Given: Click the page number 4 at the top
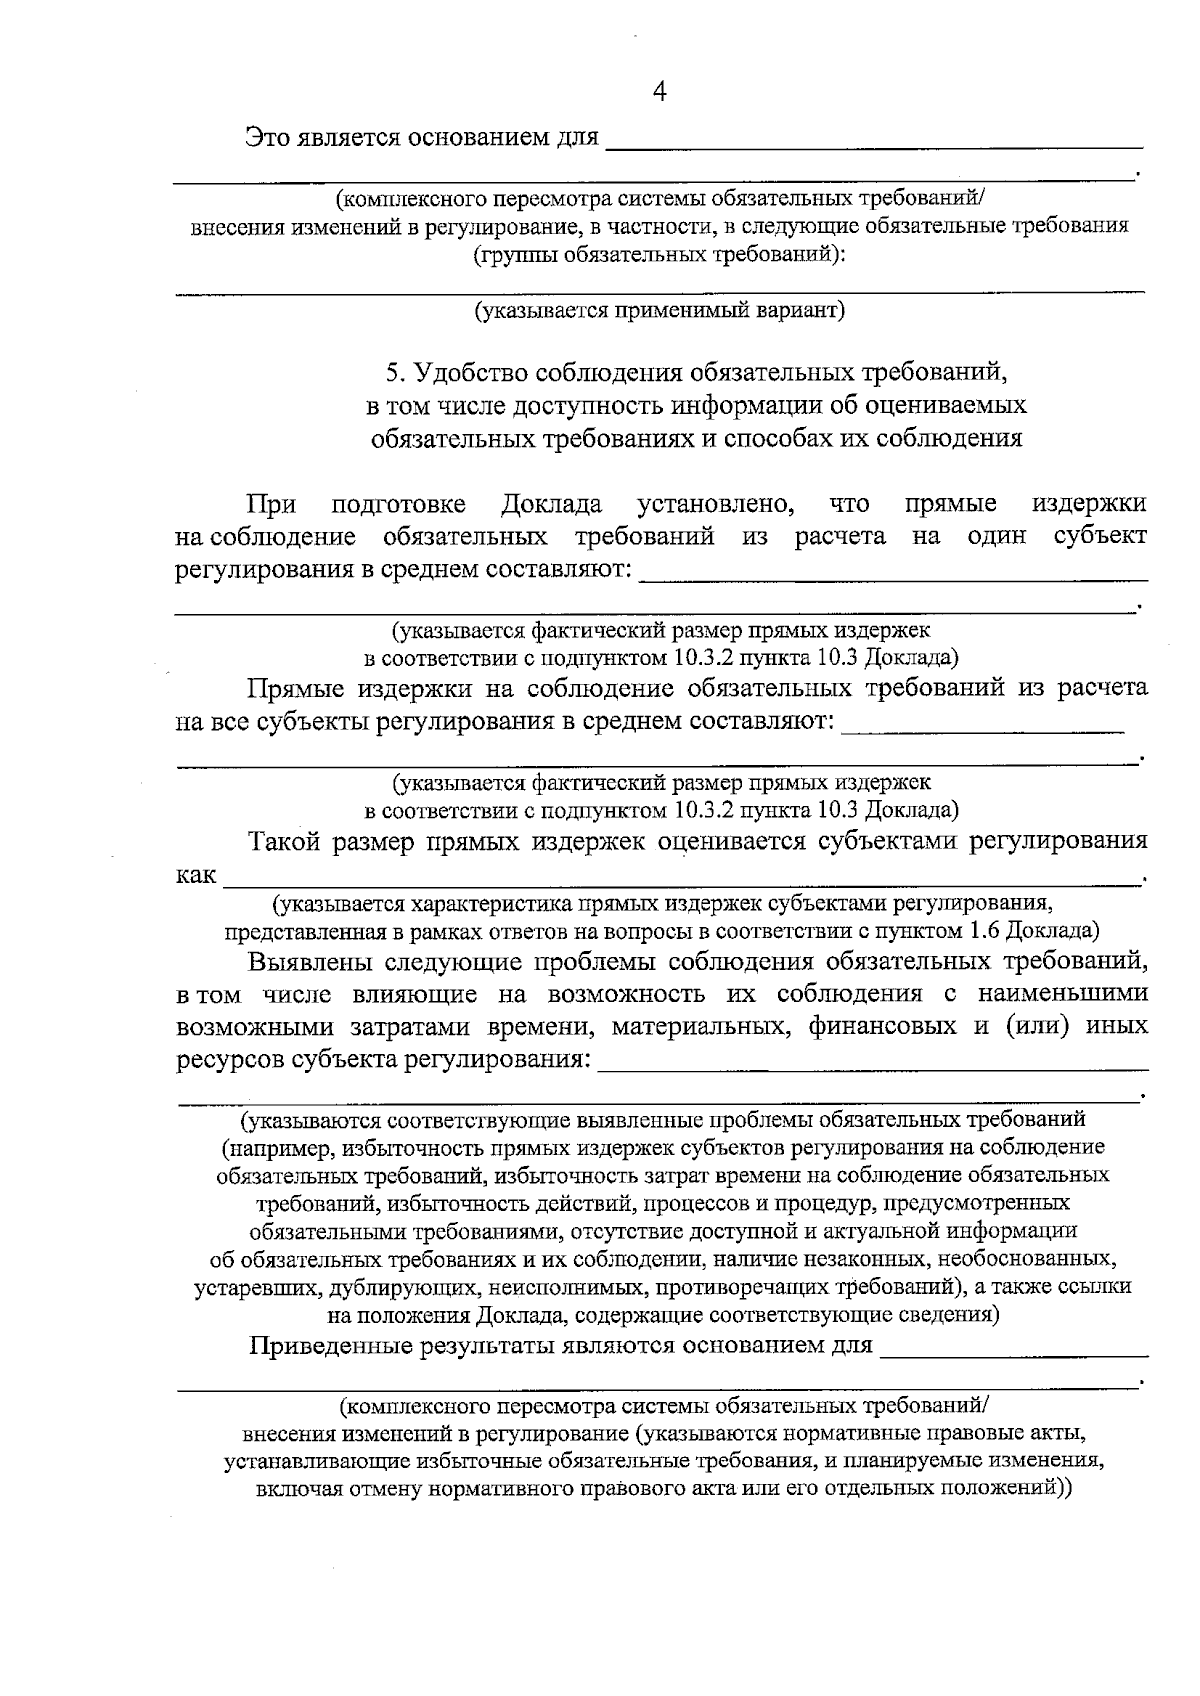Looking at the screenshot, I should [659, 92].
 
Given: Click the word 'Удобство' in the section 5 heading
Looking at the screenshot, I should [469, 374].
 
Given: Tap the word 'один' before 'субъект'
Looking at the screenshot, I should [997, 536].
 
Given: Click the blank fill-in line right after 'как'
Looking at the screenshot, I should [680, 882].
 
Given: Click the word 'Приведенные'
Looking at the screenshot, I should [331, 1345].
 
